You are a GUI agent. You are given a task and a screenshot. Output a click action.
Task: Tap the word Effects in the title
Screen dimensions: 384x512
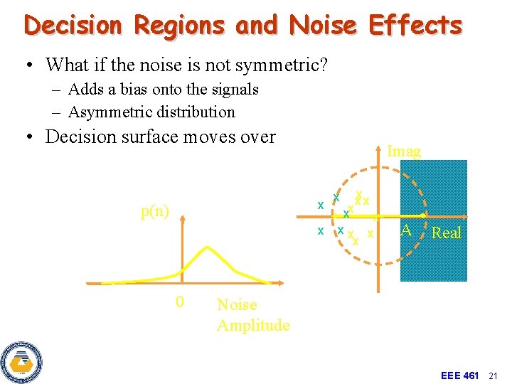coord(415,26)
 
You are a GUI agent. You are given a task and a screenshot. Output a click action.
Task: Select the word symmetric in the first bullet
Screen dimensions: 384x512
coord(277,65)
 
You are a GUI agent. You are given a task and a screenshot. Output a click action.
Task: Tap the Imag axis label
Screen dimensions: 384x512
coord(403,151)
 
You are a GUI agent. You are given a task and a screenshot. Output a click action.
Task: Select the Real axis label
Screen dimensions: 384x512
coord(447,233)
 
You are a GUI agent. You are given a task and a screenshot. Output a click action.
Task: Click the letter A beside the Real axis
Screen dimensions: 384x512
coord(405,230)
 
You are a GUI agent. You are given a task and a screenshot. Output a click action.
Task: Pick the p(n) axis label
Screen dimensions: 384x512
coord(155,211)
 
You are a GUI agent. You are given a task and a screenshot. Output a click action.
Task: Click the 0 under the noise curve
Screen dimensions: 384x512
coord(180,302)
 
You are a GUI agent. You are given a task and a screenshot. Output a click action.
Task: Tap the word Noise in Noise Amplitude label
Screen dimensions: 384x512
coord(237,304)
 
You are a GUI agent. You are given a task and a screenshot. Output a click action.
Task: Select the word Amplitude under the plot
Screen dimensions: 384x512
coord(253,325)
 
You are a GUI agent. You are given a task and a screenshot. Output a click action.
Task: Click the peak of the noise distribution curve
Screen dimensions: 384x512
coord(206,247)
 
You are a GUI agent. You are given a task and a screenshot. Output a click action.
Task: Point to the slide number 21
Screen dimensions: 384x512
coord(496,375)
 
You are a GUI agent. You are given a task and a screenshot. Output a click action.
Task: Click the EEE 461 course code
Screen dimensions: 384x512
coord(460,375)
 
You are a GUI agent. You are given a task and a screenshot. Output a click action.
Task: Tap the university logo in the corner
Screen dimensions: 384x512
coord(21,362)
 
